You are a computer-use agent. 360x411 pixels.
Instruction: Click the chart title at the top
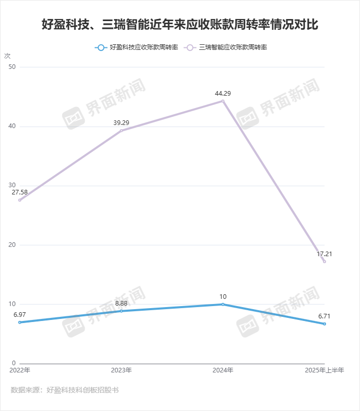(x=180, y=24)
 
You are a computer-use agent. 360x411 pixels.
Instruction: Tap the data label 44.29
(x=223, y=93)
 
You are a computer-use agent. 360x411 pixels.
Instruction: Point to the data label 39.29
(x=121, y=123)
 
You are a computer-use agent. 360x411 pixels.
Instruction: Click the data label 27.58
(x=20, y=192)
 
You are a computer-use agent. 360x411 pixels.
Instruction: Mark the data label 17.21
(x=324, y=254)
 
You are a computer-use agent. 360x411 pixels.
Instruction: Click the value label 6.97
(x=20, y=314)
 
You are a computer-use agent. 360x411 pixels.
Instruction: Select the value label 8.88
(x=121, y=303)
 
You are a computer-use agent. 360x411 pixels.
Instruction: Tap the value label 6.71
(x=324, y=316)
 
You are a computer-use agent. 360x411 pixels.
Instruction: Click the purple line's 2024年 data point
(x=223, y=101)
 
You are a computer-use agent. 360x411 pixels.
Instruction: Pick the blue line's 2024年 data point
(x=223, y=304)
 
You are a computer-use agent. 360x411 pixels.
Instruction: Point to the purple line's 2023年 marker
(x=121, y=131)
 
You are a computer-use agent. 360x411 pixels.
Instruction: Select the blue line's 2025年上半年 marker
(x=325, y=324)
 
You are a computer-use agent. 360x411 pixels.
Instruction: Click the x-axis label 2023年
(x=121, y=370)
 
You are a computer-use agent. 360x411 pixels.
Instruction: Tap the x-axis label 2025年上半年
(x=324, y=370)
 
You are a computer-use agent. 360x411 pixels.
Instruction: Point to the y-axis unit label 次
(x=7, y=56)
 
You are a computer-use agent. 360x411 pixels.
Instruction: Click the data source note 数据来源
(x=64, y=390)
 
